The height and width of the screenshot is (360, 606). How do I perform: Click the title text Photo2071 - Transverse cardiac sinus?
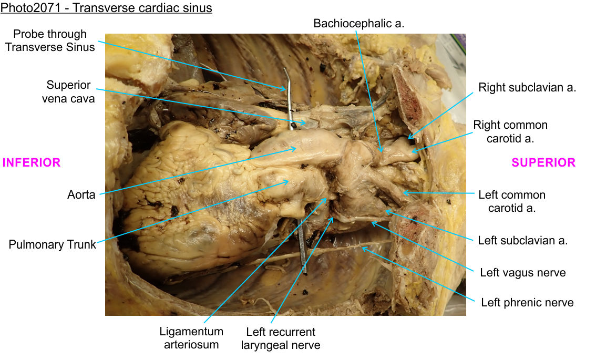click(x=106, y=8)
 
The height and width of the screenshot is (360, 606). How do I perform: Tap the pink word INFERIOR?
click(x=32, y=163)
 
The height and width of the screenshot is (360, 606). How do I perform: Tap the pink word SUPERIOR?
click(x=543, y=163)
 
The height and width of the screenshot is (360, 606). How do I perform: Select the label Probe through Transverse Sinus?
click(x=50, y=40)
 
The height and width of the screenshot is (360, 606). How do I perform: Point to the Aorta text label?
click(x=81, y=195)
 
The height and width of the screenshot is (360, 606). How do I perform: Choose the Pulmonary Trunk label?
click(x=53, y=244)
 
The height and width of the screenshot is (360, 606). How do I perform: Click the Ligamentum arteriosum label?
click(x=191, y=338)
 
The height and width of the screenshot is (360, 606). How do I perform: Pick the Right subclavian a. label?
click(x=527, y=88)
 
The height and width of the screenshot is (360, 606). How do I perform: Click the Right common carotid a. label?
click(x=510, y=131)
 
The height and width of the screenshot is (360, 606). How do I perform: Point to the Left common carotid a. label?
click(x=511, y=201)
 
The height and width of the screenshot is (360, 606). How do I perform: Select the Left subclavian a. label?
click(x=522, y=241)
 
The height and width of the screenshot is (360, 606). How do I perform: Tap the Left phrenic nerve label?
click(x=527, y=302)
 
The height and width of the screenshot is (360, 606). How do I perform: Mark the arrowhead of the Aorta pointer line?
click(x=297, y=149)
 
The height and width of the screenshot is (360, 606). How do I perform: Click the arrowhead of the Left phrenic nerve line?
click(x=362, y=248)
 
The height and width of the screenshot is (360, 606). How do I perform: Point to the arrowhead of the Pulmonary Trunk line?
click(x=290, y=181)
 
